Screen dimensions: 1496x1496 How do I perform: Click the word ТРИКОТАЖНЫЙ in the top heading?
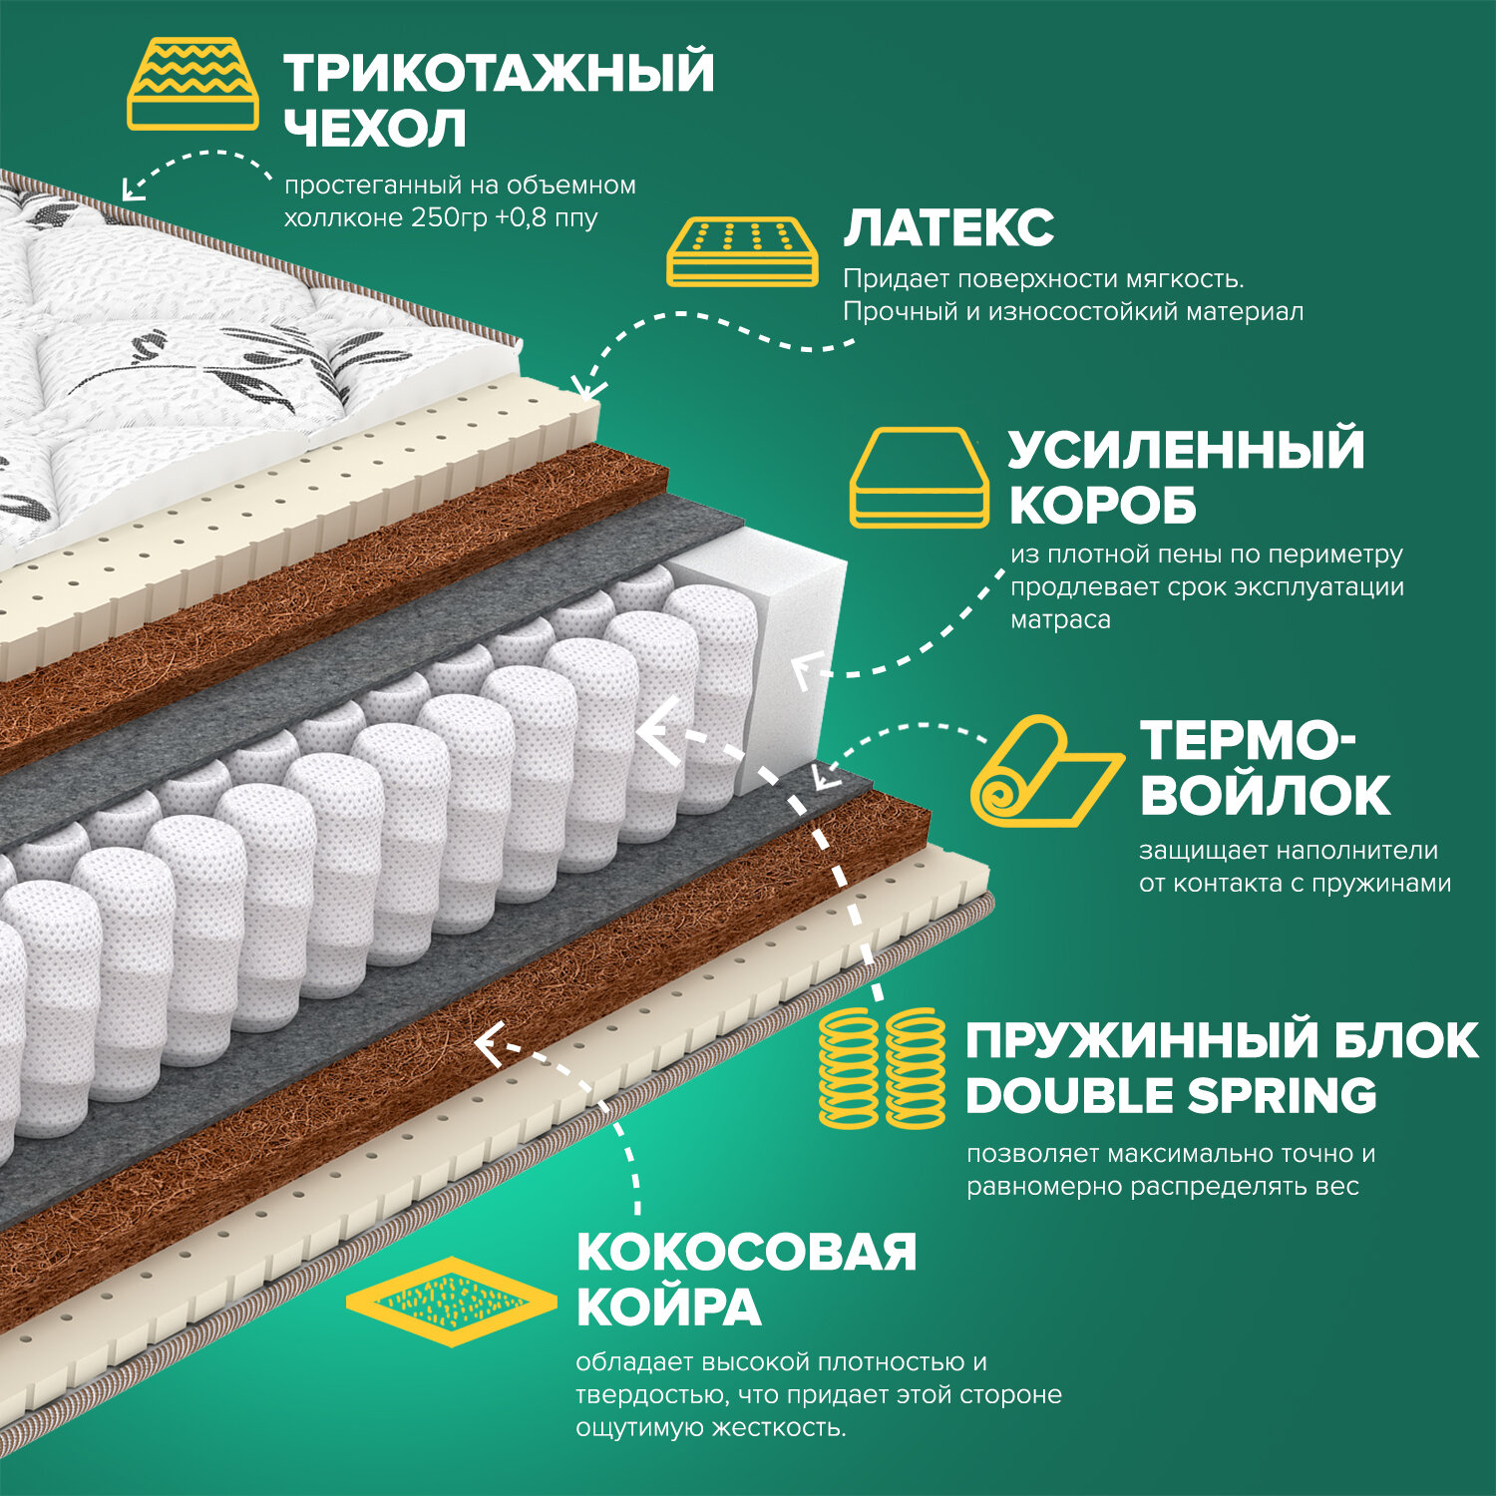(499, 73)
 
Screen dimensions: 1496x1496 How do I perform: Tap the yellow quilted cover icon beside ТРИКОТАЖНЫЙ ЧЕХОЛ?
(192, 85)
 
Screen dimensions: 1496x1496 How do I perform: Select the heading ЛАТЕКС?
(948, 228)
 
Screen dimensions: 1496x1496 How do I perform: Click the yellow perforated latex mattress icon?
(742, 251)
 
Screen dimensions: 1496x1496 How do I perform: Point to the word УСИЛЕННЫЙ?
(1186, 449)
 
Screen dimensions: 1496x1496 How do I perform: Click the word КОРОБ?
(1102, 506)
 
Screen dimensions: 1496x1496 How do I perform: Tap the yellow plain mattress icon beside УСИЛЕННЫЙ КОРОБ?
(919, 478)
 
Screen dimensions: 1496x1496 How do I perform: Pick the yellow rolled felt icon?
(1045, 771)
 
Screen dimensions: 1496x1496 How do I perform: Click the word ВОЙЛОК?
(1265, 795)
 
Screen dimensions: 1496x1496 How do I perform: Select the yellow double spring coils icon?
(882, 1067)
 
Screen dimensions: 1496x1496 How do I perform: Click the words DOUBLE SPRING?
(1171, 1096)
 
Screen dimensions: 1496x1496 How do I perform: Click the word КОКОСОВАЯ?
(746, 1253)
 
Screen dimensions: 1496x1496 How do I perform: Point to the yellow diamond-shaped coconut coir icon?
(451, 1302)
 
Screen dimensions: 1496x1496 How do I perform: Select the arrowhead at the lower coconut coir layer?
(487, 1043)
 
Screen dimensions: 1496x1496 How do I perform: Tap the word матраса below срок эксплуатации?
(1060, 619)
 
